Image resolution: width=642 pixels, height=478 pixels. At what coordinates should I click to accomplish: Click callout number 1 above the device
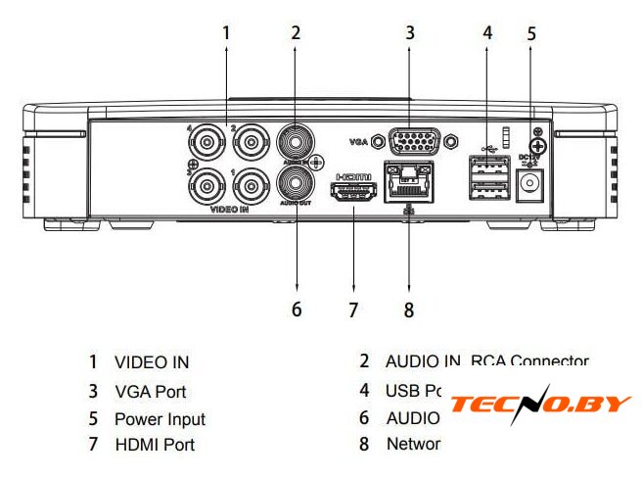tap(226, 32)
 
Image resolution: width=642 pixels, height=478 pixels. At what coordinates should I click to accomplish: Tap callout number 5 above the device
tap(531, 32)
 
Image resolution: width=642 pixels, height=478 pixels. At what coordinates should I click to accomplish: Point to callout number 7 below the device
tap(354, 310)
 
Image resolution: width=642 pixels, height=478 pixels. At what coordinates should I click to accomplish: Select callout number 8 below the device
tap(408, 310)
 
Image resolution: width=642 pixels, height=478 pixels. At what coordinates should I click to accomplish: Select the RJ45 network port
tap(409, 183)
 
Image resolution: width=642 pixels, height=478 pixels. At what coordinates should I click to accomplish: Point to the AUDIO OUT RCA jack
tap(295, 183)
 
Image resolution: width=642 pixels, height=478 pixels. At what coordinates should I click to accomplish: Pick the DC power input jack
tap(531, 182)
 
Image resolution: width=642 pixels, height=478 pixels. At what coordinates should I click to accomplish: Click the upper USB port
tap(487, 165)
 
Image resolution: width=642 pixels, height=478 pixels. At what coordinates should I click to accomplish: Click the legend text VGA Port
tap(150, 391)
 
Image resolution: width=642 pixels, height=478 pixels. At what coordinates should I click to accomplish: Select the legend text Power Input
tap(160, 418)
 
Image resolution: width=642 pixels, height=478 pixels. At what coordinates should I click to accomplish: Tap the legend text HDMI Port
tap(155, 445)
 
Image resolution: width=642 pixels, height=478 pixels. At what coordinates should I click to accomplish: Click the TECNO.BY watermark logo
tap(540, 405)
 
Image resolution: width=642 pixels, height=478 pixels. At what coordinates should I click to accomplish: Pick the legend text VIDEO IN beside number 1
tap(152, 362)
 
